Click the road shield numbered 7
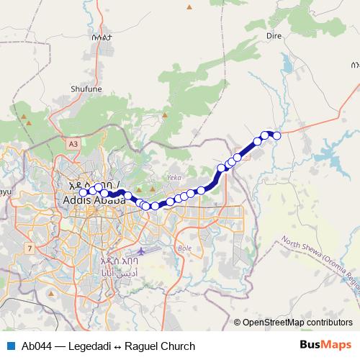pyautogui.click(x=30, y=248)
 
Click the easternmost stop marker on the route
pyautogui.click(x=276, y=135)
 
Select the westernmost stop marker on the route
pyautogui.click(x=84, y=192)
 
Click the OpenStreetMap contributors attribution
pyautogui.click(x=297, y=322)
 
